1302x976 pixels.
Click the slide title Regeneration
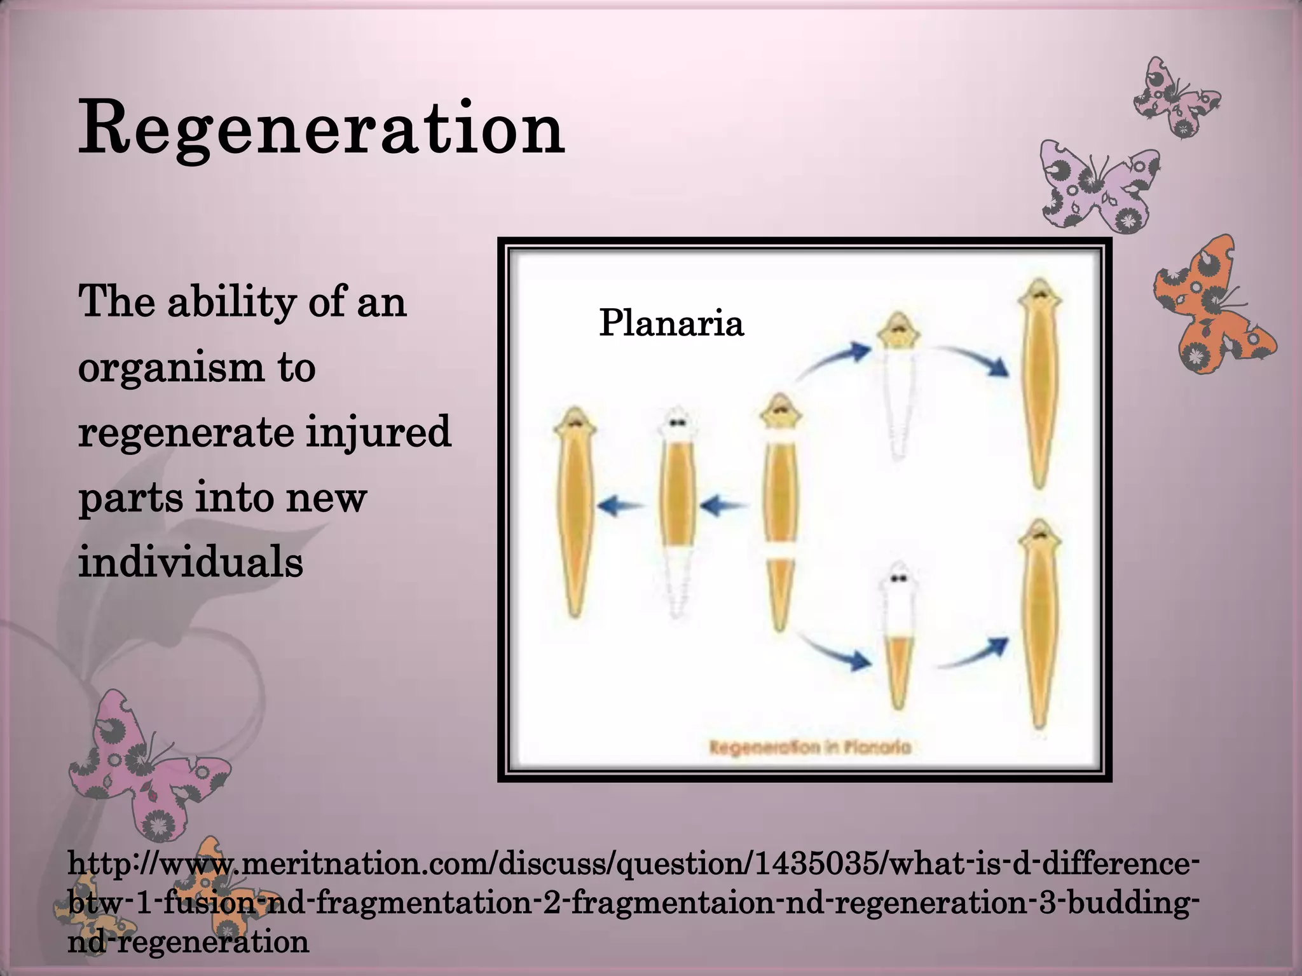[321, 129]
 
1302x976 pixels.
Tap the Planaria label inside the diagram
[671, 323]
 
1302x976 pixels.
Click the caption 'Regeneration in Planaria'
[810, 747]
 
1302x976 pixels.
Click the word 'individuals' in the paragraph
[191, 562]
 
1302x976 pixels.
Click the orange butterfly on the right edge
[1211, 308]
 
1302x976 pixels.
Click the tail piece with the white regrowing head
[898, 635]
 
